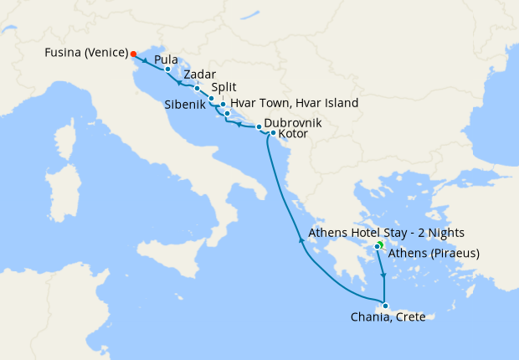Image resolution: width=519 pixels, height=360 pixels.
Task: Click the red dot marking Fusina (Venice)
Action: pos(134,54)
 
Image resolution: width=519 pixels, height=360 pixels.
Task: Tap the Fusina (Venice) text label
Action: pos(86,53)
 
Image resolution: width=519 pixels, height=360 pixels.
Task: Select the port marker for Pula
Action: pos(167,69)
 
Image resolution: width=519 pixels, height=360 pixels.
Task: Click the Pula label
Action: pos(167,60)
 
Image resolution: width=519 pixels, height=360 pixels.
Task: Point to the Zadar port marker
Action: pos(197,88)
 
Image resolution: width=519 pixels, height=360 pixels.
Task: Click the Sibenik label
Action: pos(189,105)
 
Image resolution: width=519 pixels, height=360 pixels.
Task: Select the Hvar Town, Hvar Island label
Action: pos(294,103)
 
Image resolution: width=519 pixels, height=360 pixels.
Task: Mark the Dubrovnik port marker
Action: pos(259,126)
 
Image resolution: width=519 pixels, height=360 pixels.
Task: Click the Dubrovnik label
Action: pos(292,122)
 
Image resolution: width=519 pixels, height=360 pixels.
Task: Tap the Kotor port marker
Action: pos(273,132)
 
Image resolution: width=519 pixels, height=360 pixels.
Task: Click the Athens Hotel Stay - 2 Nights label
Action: pos(386,233)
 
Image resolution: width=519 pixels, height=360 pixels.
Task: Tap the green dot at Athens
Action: pos(379,244)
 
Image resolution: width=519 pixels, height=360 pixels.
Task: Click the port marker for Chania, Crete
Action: pos(384,305)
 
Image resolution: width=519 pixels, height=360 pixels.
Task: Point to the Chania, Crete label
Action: pos(388,316)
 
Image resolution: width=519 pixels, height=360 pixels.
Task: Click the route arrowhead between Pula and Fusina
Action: pos(146,60)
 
